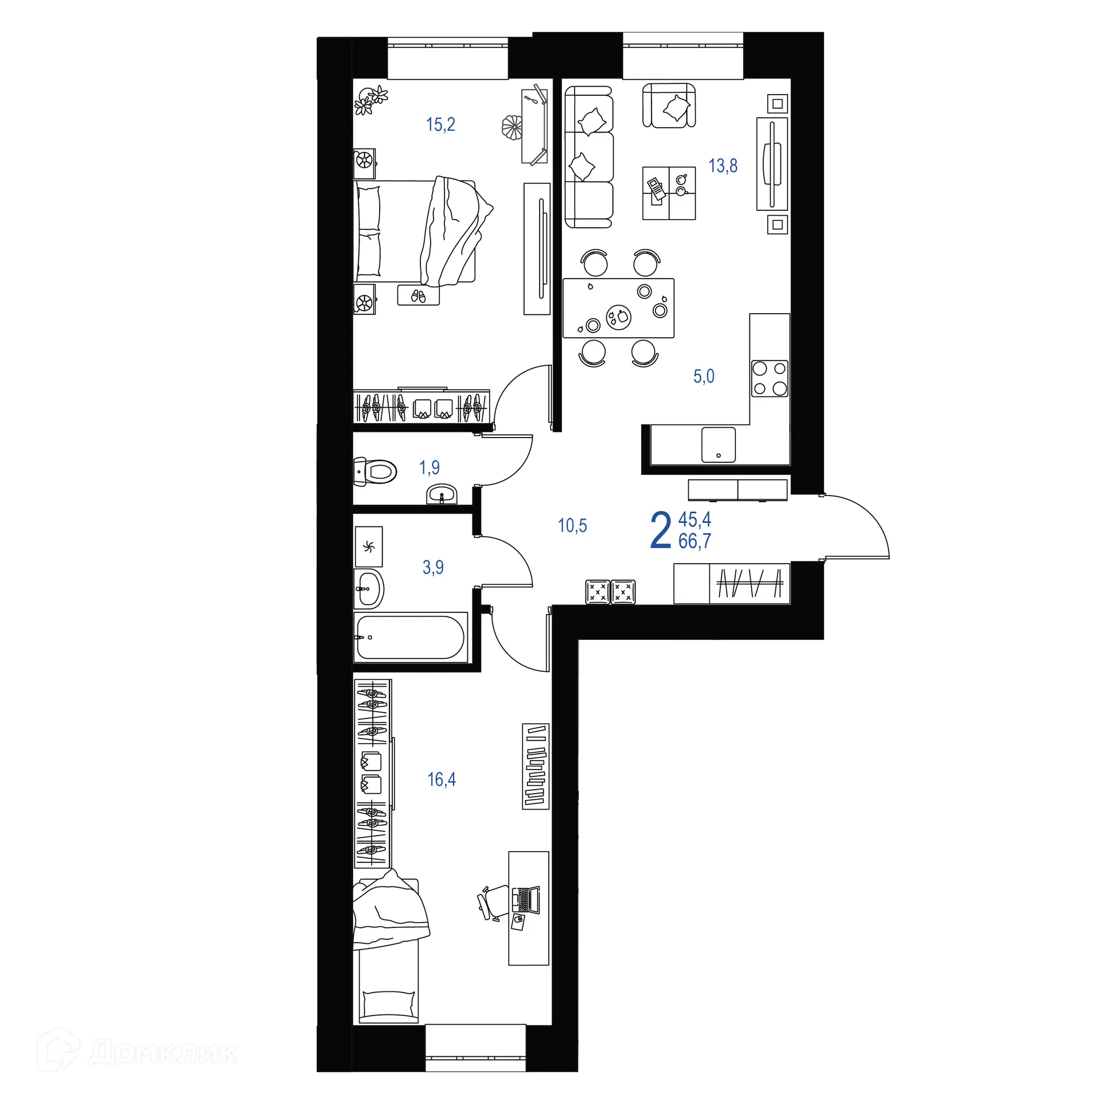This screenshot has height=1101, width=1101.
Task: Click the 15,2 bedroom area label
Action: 440,124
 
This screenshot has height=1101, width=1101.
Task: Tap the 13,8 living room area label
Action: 723,166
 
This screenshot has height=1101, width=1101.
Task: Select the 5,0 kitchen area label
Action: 704,376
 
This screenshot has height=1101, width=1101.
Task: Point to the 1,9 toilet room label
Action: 430,467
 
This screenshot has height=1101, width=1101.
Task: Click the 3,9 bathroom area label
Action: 433,567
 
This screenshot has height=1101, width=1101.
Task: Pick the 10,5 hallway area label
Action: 572,525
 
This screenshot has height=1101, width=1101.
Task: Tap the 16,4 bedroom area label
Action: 442,779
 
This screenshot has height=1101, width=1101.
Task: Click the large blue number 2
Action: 661,530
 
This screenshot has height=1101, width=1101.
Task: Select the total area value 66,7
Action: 694,541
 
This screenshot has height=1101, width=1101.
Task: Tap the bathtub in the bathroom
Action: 410,637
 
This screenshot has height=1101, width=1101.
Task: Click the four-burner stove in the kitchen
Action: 770,378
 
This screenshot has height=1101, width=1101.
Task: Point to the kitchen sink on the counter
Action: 718,444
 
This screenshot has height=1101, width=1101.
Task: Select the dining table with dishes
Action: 618,308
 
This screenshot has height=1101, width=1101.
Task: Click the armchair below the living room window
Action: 669,106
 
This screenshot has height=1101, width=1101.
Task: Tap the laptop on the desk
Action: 526,900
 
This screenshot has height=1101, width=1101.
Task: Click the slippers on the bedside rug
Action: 419,296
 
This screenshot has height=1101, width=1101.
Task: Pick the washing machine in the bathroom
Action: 369,547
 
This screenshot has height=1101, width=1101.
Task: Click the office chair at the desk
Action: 493,902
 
